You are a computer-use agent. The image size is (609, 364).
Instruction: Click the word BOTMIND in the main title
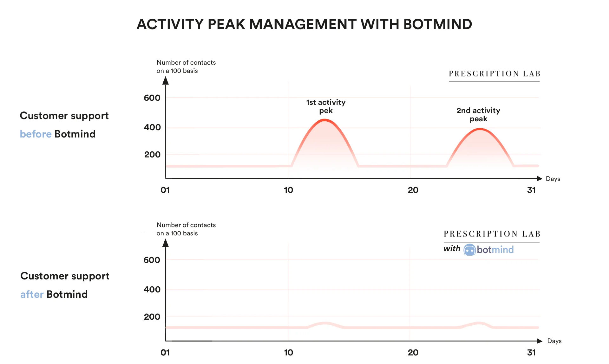point(438,24)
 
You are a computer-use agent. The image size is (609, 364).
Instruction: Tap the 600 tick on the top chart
point(152,98)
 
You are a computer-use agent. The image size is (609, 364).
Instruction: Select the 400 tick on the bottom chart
point(152,290)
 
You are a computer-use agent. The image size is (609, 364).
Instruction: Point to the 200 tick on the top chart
point(152,155)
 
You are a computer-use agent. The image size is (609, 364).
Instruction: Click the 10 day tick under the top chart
point(288,190)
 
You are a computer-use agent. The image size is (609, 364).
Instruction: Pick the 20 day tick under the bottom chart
point(413,353)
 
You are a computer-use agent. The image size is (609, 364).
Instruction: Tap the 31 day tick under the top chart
point(531,190)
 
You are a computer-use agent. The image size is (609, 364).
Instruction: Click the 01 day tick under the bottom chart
point(165,353)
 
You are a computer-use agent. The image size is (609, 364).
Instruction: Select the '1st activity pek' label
point(326,106)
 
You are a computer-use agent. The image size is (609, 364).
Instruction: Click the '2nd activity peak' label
point(478,115)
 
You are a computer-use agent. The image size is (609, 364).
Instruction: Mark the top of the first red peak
point(324,120)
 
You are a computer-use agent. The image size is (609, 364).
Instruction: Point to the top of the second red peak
point(480,129)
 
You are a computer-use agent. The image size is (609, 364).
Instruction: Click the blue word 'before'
point(36,134)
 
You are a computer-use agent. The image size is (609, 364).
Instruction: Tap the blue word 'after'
point(32,294)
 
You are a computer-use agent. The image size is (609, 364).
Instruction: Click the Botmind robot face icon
point(469,250)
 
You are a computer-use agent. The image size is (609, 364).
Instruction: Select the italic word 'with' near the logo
point(452,249)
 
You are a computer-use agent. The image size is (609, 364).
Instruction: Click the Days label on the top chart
point(553,179)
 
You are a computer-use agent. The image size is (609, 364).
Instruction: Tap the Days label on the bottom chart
point(554,341)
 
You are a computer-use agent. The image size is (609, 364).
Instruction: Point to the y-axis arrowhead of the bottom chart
point(166,243)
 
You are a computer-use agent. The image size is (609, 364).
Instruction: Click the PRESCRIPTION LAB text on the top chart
point(494,74)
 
